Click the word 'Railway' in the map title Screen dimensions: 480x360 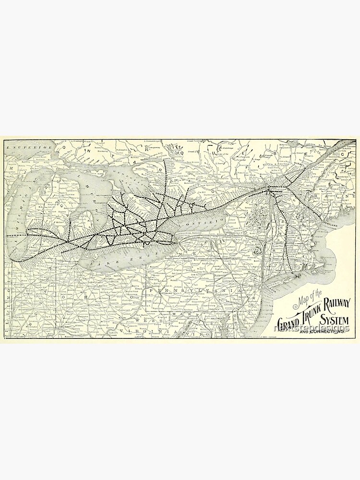(330, 303)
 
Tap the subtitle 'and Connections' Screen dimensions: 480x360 (319, 331)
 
